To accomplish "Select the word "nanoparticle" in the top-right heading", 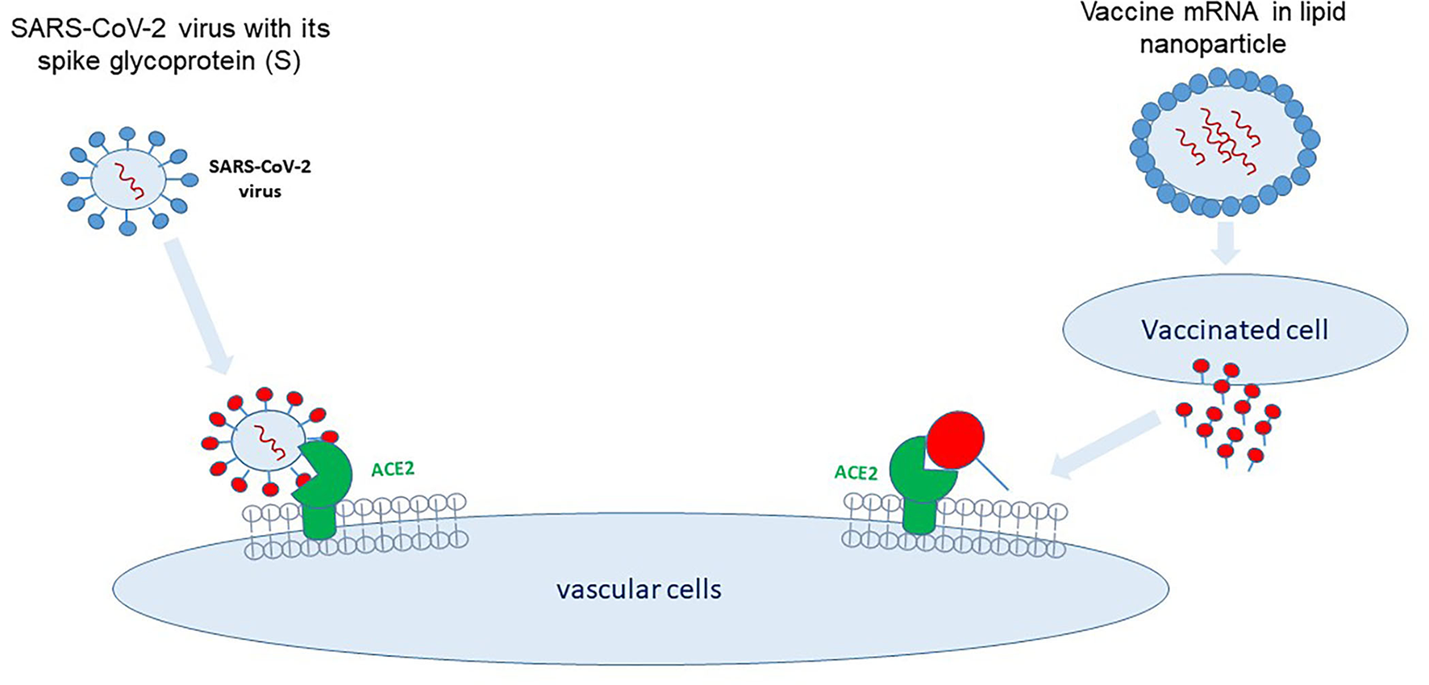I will click(1213, 44).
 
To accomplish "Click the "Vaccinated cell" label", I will click(1235, 330).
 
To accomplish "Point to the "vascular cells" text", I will click(639, 589).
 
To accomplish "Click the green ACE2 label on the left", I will click(393, 469).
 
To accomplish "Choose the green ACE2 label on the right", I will click(856, 473).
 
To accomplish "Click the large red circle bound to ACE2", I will click(956, 440).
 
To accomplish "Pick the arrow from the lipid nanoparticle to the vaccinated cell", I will click(1226, 243).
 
